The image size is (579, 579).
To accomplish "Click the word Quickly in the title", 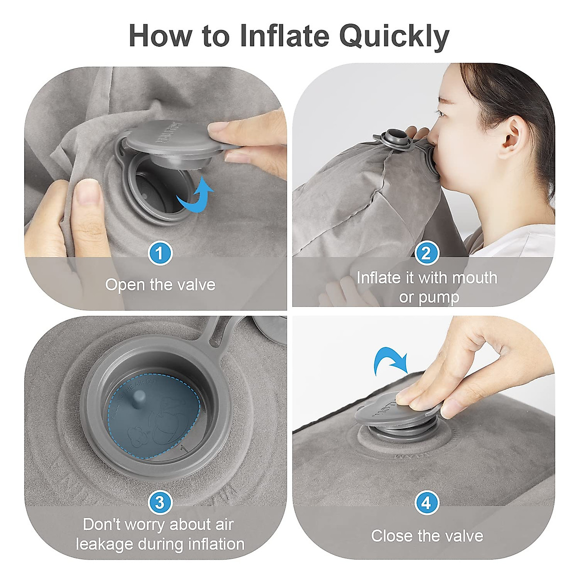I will tap(394, 36).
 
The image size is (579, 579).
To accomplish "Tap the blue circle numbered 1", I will tap(160, 253).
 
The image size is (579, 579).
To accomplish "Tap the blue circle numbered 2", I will tap(426, 253).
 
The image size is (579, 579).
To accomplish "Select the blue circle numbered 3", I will tap(160, 503).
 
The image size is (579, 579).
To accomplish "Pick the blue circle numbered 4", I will tap(426, 503).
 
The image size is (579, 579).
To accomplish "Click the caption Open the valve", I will tap(160, 285).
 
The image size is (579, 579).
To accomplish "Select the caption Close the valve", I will tap(427, 536).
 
